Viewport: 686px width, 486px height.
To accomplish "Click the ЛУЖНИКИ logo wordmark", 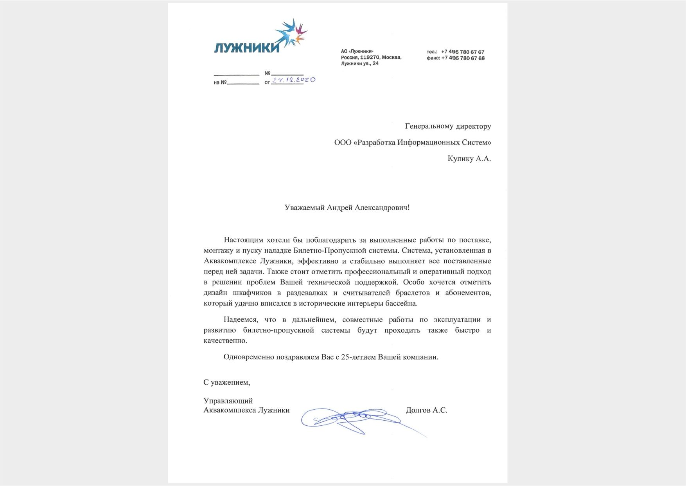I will click(x=247, y=47).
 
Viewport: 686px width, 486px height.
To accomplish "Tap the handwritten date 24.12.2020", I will click(x=294, y=80).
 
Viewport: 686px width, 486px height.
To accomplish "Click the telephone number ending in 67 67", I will click(x=463, y=52).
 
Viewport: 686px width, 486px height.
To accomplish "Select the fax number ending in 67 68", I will click(x=463, y=58).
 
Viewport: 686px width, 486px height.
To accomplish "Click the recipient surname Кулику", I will click(x=460, y=158).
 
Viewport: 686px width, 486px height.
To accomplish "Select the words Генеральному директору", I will click(x=448, y=126).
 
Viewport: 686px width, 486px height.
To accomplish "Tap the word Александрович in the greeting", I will click(x=381, y=207).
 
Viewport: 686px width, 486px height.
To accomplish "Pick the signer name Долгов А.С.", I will click(x=426, y=410).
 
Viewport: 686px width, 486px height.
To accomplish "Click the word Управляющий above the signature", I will click(x=228, y=401).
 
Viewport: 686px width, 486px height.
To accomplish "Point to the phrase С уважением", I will click(x=226, y=382).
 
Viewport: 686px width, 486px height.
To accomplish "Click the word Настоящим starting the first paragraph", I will click(x=242, y=240).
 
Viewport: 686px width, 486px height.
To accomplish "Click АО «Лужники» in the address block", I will click(x=357, y=51).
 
